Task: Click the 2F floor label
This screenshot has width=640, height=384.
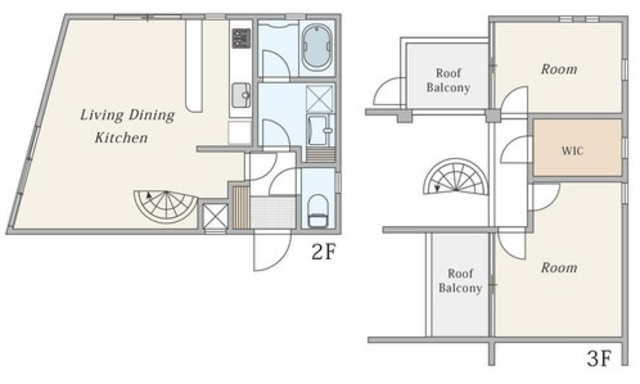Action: (323, 252)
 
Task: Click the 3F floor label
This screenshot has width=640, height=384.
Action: (599, 359)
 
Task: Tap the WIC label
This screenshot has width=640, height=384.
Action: (572, 151)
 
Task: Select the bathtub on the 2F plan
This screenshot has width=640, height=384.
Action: (317, 47)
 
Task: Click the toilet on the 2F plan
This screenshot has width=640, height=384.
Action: (318, 211)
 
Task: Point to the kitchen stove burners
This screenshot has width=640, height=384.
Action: (241, 38)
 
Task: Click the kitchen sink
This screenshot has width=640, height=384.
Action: (241, 95)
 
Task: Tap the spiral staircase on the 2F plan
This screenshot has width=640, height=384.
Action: (166, 206)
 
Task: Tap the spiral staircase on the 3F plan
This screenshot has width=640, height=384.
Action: (456, 177)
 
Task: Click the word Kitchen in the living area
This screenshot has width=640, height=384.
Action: (121, 138)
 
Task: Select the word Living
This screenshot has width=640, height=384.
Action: (102, 115)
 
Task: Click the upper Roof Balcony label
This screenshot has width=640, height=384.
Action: (448, 80)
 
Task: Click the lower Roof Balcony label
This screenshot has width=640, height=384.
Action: (460, 280)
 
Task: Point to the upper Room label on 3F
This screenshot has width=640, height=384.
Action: (559, 69)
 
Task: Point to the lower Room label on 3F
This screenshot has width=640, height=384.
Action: (559, 268)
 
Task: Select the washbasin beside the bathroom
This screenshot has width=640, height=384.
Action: (322, 130)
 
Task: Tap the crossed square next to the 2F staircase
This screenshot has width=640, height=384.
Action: (215, 216)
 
